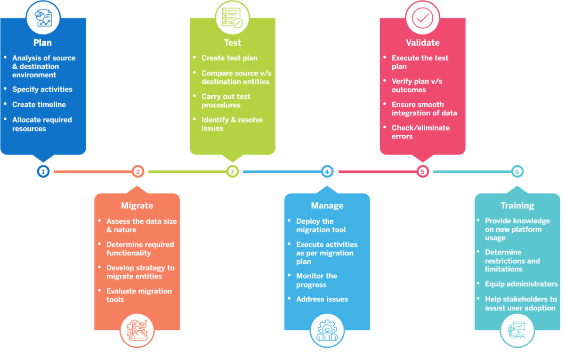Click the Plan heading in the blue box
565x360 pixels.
point(42,43)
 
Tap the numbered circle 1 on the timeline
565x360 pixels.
point(43,172)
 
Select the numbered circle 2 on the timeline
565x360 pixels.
point(138,172)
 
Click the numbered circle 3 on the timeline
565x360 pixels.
point(232,172)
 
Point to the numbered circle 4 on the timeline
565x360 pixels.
point(327,172)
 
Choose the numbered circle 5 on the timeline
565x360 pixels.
point(422,172)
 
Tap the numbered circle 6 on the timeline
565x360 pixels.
point(517,172)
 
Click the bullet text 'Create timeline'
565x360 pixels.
point(39,105)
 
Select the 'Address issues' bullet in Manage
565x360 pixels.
point(322,299)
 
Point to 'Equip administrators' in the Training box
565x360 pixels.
point(521,284)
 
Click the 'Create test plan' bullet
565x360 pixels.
point(229,58)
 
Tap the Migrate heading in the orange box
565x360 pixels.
point(137,205)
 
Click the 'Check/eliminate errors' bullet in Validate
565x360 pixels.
point(420,132)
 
